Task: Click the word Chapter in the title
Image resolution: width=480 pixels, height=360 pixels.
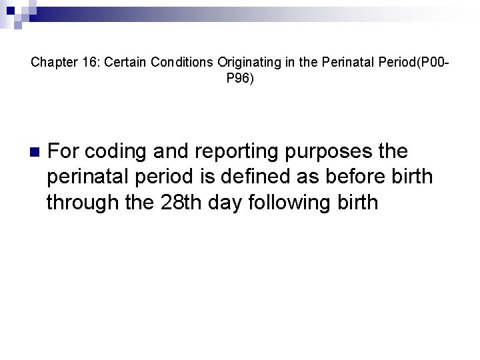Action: point(51,63)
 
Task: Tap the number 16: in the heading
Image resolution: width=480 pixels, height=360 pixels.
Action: point(88,63)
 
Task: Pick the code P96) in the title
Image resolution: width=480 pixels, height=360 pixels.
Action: point(240,79)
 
